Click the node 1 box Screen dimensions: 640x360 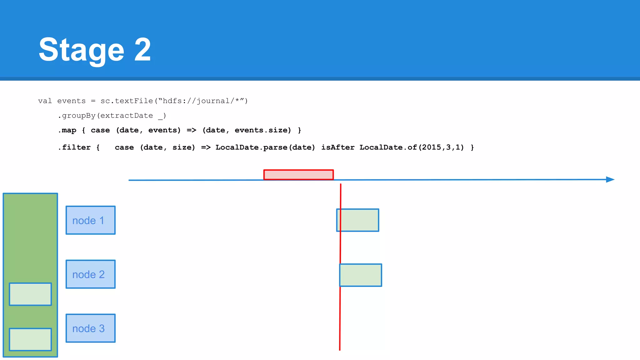[x=90, y=220]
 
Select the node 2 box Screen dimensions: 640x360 [x=90, y=274]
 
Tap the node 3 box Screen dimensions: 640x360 [x=90, y=328]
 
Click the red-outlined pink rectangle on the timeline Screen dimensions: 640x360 [x=298, y=175]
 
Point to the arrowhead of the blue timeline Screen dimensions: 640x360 [x=610, y=179]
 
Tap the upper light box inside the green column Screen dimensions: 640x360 [x=30, y=294]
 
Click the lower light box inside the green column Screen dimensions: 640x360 [x=30, y=339]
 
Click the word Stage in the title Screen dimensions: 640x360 [x=82, y=50]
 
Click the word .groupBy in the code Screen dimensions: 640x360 [x=77, y=116]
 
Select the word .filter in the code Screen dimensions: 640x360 [x=74, y=147]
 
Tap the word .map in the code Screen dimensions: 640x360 [x=67, y=130]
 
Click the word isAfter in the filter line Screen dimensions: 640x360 [x=338, y=147]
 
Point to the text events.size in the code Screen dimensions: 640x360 [x=262, y=130]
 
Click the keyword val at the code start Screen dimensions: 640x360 [x=45, y=101]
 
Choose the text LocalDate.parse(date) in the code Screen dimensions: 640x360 [x=265, y=147]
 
